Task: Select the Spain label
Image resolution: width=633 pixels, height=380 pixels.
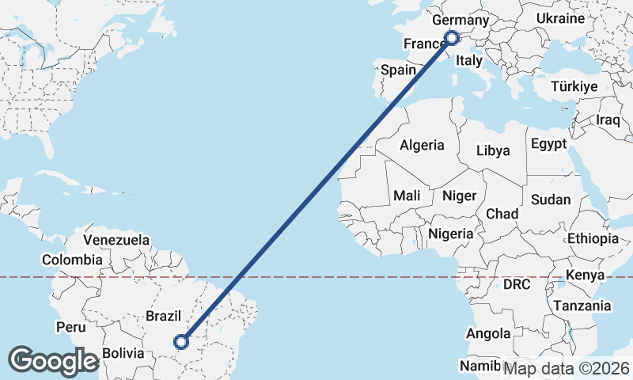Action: (398, 70)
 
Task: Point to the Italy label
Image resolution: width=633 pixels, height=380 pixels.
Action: (469, 60)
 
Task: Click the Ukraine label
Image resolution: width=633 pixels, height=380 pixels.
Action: (560, 18)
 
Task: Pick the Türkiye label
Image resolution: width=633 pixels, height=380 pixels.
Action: (574, 86)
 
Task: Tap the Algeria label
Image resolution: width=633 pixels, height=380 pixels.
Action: (422, 146)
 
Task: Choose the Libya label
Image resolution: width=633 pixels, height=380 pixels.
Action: (494, 150)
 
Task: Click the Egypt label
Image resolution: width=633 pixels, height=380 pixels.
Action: (549, 144)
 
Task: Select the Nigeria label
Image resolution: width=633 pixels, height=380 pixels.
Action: (451, 234)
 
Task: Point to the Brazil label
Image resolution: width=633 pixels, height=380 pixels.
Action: (165, 315)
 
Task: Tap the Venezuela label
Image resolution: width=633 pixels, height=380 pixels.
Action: (116, 239)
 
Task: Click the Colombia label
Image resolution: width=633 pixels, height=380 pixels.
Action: (72, 260)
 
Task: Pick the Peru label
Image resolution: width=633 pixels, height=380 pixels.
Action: (70, 326)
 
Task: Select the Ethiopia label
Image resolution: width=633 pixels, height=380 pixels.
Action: (593, 238)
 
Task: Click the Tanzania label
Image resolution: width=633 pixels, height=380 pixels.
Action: (582, 306)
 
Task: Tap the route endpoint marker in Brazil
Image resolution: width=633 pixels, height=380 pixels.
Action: (181, 342)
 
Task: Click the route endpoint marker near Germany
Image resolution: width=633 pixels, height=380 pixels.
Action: (452, 37)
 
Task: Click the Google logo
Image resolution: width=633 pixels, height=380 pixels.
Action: (53, 361)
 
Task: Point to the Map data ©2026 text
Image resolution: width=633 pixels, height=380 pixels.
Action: (567, 368)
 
